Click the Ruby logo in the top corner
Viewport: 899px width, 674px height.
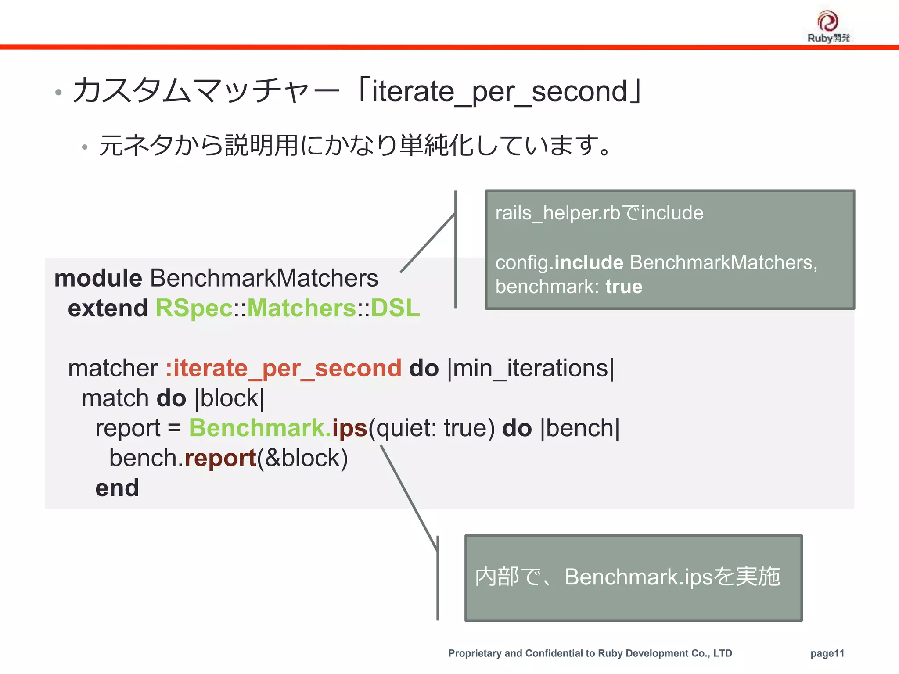tap(828, 26)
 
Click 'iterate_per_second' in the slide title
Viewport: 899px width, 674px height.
tap(500, 92)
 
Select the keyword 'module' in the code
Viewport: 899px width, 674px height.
tap(98, 278)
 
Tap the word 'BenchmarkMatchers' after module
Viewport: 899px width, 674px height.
tap(264, 278)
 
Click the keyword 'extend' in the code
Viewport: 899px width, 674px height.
tap(108, 308)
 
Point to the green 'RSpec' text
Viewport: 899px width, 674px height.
tap(194, 308)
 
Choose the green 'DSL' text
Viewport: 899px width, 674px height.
tap(395, 308)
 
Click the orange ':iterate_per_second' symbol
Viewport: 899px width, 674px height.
tap(283, 368)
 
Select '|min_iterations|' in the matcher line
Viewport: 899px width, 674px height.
tap(531, 368)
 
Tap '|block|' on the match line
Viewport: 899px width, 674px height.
tap(229, 398)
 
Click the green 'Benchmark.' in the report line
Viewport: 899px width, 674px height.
tap(260, 428)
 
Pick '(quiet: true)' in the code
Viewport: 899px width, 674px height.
tap(432, 428)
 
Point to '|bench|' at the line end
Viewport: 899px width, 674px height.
tap(580, 428)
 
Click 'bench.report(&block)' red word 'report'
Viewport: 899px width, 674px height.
tap(220, 458)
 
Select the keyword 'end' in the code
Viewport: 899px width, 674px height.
tap(117, 488)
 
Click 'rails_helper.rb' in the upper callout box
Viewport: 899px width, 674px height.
tap(557, 213)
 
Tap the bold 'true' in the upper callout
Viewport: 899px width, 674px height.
tap(624, 287)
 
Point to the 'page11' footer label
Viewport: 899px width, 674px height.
tap(827, 653)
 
